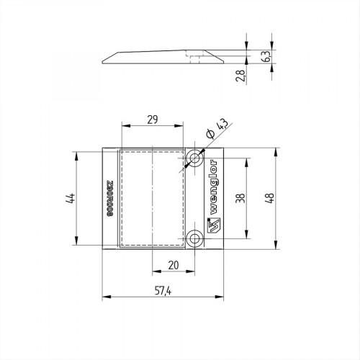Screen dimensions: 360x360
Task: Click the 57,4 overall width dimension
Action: [x=163, y=291]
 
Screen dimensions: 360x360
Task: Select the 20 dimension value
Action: [x=174, y=265]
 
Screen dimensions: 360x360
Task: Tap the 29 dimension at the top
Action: [x=153, y=120]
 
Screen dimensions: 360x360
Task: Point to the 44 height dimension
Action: [x=71, y=198]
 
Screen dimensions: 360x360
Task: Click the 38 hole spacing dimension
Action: [x=240, y=198]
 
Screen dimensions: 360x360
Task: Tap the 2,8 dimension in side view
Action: [x=240, y=76]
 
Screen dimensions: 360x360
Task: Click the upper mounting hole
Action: [x=195, y=158]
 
